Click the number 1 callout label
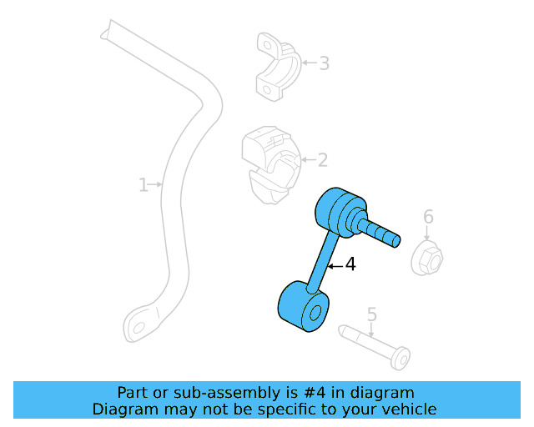coord(144,184)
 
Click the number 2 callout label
coord(322,160)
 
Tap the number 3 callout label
coord(324,63)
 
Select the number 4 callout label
coord(350,265)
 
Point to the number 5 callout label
coord(372,314)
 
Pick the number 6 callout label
coord(428,218)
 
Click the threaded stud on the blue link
coord(381,231)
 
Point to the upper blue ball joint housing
coord(338,211)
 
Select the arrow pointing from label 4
coord(334,266)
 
